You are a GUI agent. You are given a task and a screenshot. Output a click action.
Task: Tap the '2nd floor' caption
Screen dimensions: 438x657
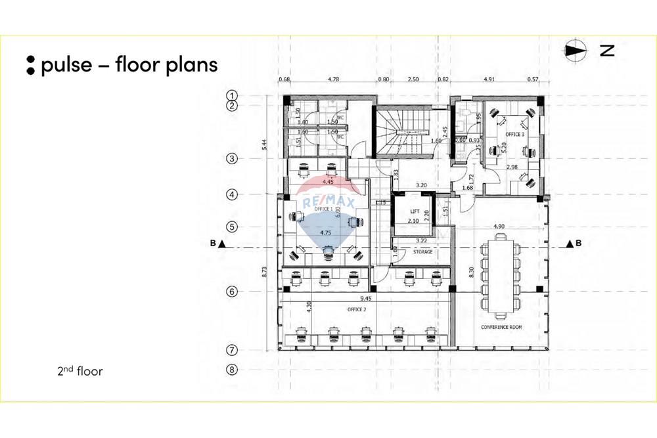tap(80, 372)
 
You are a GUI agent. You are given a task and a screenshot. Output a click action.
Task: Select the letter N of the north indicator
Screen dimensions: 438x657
tap(607, 51)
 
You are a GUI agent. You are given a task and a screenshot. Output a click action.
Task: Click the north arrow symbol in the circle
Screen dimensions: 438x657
tap(576, 51)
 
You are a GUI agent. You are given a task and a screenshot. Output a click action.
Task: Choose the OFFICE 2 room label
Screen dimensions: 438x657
tap(357, 308)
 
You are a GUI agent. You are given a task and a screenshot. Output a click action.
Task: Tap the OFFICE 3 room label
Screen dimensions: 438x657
tap(514, 134)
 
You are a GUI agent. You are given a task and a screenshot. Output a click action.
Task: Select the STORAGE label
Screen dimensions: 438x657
tap(422, 252)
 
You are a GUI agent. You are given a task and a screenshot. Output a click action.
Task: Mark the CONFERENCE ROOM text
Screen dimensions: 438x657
tap(501, 327)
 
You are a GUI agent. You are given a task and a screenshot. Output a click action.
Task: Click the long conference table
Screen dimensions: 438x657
tap(501, 276)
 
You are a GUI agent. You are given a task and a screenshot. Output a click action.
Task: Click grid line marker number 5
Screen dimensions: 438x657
tap(231, 227)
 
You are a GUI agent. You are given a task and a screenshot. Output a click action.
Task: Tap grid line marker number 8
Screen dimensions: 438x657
tap(231, 370)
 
